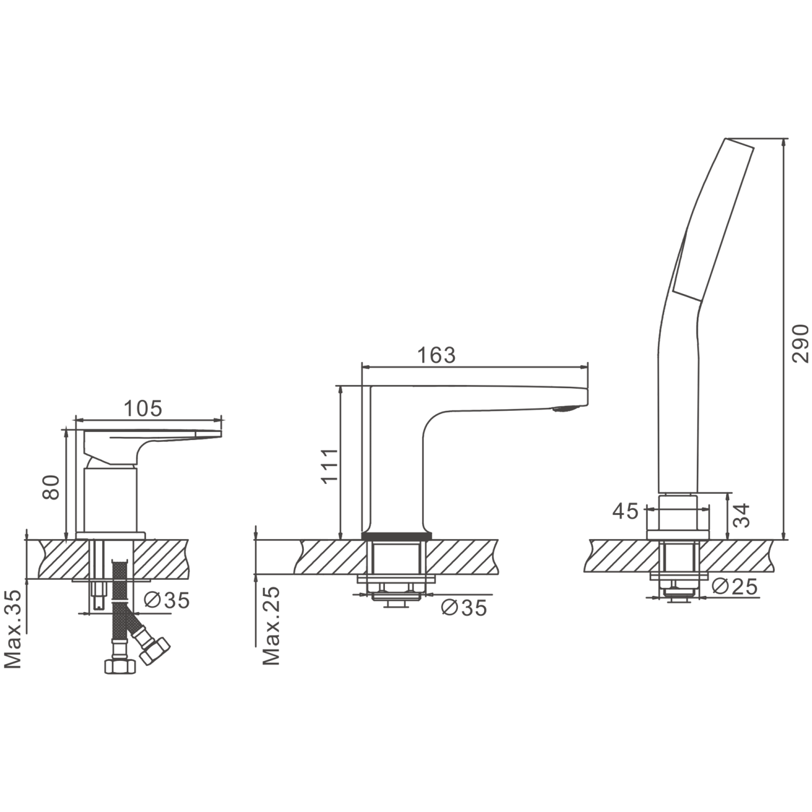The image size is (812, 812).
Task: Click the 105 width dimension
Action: point(143,409)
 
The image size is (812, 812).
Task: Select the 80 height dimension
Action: point(51,487)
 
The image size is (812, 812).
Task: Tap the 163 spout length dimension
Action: point(436,355)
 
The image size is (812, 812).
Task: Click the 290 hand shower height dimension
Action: point(800,343)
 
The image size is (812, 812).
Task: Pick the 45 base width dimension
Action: point(625,511)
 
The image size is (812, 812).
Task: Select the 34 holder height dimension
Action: point(743,515)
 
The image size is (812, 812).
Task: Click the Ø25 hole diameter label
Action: point(735,586)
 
